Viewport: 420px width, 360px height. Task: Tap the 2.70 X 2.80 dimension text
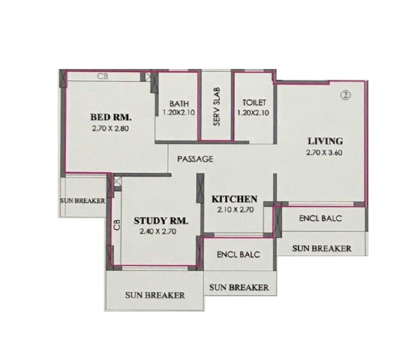click(111, 128)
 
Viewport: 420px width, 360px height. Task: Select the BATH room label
click(179, 103)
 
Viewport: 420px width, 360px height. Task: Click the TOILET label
click(254, 103)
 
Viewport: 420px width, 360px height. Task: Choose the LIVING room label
click(325, 141)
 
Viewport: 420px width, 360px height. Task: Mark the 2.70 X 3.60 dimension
click(325, 152)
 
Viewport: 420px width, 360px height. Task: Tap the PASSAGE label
click(195, 159)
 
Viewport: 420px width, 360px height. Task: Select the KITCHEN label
click(234, 199)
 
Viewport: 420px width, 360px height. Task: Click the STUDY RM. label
click(161, 221)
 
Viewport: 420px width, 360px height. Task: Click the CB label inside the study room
click(118, 226)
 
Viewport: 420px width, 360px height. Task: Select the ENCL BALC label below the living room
click(320, 218)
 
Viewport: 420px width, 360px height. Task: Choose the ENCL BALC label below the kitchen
click(239, 254)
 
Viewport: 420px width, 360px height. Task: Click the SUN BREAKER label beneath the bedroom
click(83, 200)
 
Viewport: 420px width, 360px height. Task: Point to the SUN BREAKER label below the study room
click(155, 295)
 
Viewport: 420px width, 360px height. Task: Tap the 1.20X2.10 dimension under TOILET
click(254, 112)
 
